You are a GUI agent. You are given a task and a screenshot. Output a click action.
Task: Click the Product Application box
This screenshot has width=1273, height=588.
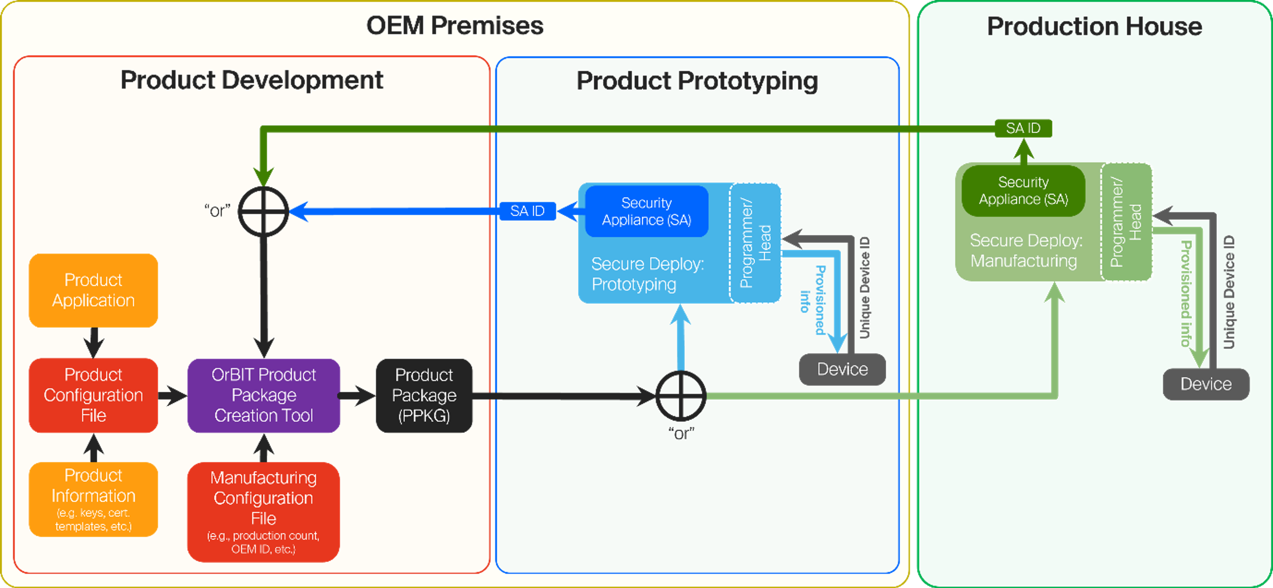[93, 290]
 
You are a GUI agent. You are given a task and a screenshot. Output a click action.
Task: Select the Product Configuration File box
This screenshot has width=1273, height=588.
[93, 395]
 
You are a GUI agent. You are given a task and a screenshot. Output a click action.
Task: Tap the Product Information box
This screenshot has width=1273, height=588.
[93, 499]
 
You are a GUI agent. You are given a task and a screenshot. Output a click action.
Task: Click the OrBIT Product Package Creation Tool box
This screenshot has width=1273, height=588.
[263, 395]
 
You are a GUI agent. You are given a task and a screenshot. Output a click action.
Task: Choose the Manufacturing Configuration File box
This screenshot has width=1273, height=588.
[263, 512]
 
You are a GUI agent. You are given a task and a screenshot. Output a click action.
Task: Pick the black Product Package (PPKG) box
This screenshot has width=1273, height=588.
[424, 395]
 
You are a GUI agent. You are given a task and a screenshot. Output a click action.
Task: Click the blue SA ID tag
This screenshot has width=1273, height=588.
[527, 211]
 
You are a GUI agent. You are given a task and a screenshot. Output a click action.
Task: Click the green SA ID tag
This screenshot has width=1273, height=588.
[1023, 129]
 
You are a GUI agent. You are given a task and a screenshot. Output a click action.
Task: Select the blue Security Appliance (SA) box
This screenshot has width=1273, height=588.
[647, 211]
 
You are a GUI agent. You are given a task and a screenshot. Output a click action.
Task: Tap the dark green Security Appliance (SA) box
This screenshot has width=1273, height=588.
[1023, 191]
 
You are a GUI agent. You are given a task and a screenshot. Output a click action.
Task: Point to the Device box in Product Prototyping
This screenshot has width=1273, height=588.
[842, 369]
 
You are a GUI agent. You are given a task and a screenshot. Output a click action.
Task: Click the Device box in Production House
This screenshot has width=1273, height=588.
[1206, 384]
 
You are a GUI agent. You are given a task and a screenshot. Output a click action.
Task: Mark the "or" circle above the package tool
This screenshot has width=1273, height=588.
[263, 211]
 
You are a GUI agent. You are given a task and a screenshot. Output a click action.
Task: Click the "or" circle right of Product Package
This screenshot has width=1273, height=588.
[681, 396]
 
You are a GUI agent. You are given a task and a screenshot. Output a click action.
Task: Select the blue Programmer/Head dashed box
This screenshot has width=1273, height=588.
[755, 243]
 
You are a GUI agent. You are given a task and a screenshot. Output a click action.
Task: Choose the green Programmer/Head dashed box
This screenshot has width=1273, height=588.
[1126, 221]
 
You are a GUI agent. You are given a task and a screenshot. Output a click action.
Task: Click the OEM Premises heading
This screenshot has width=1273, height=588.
[455, 26]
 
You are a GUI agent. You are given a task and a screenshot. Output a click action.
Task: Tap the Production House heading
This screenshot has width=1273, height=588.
[1094, 27]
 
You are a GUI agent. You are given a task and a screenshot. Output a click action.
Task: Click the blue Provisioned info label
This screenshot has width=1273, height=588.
[813, 300]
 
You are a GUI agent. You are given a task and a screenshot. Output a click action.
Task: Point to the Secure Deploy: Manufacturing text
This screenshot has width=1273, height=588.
[1025, 250]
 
